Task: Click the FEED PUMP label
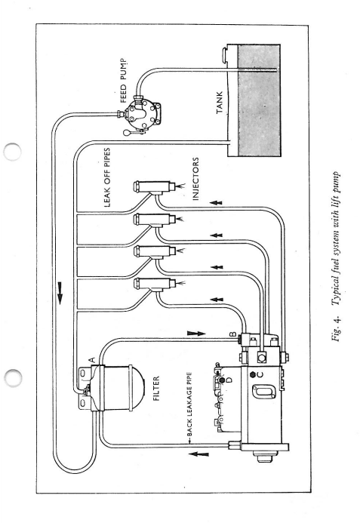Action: (123, 81)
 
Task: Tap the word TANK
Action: (219, 103)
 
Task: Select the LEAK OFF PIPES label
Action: (106, 177)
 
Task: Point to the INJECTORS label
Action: (195, 179)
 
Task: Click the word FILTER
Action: (156, 388)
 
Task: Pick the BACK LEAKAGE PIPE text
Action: (189, 405)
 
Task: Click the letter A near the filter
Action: (92, 360)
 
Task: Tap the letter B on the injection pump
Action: (233, 334)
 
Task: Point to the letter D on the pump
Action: (229, 380)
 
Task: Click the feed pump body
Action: (143, 112)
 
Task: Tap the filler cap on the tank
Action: (225, 56)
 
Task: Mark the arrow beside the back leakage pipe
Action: (198, 454)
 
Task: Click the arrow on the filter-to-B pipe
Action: (196, 334)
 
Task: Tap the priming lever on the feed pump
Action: (133, 133)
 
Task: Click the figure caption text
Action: (335, 256)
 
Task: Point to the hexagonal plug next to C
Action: (253, 374)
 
